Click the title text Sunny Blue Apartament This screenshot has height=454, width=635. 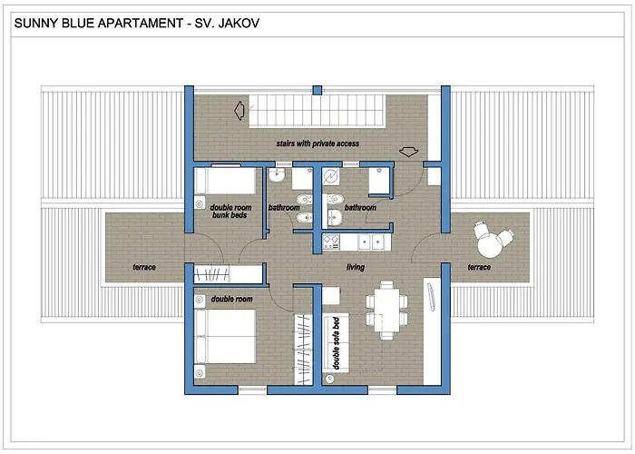click(98, 23)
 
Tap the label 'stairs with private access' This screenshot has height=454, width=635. click(317, 143)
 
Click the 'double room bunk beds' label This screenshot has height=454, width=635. click(230, 212)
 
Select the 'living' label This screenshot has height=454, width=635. click(356, 267)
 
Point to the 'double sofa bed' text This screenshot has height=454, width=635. click(336, 343)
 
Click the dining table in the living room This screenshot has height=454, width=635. click(386, 311)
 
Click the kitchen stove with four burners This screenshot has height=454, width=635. click(331, 242)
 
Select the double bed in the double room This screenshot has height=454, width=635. click(225, 337)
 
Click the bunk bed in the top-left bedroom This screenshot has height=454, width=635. click(225, 181)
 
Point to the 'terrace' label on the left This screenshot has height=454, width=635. click(144, 267)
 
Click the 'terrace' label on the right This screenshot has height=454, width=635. click(479, 267)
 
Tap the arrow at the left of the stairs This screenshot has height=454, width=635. click(239, 110)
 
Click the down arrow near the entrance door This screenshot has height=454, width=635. click(408, 152)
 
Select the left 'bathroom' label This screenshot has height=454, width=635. click(284, 208)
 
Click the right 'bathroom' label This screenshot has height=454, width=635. click(360, 208)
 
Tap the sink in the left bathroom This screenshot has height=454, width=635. click(277, 174)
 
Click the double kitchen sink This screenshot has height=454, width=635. click(371, 242)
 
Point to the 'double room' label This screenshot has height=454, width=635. click(231, 299)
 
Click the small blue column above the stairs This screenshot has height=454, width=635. click(317, 90)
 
